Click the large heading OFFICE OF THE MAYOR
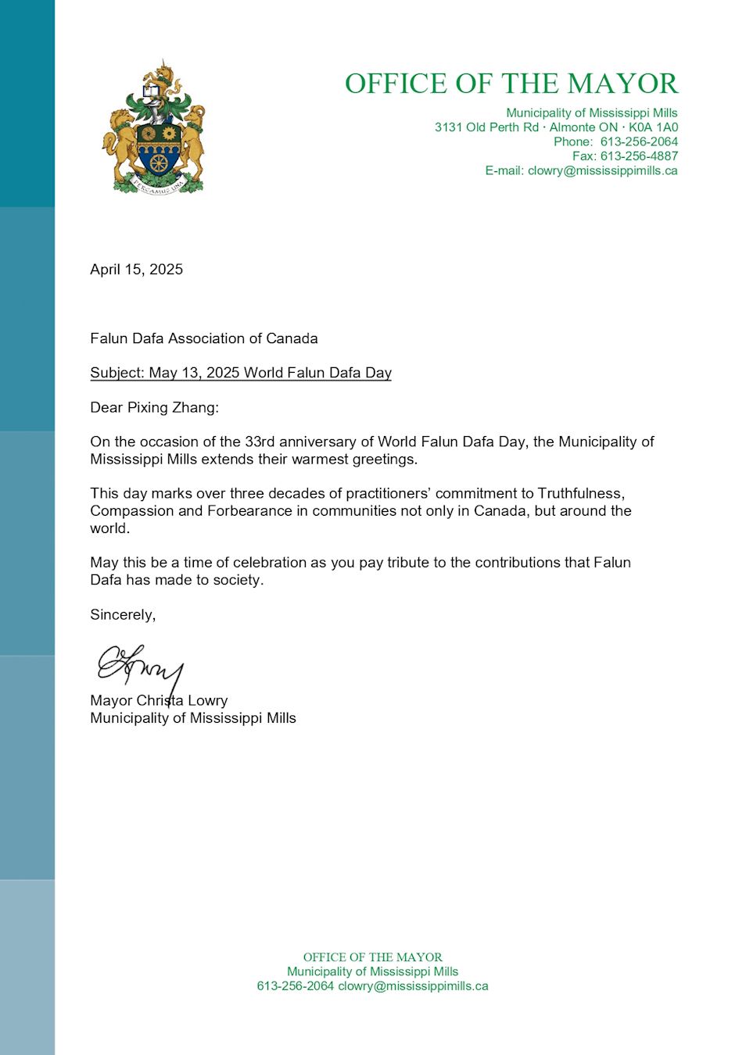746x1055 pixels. [x=511, y=84]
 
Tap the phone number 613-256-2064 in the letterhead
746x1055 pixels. [x=639, y=141]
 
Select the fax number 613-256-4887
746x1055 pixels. [x=639, y=156]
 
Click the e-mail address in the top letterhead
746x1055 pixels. [x=602, y=170]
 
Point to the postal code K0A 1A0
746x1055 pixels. [x=653, y=127]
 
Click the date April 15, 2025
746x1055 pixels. [x=136, y=270]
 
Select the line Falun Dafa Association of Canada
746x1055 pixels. [x=203, y=338]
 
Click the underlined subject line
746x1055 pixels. [x=241, y=373]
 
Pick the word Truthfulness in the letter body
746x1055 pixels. [x=580, y=493]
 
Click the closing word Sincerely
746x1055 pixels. [x=122, y=615]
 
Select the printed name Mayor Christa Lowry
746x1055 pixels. [x=159, y=700]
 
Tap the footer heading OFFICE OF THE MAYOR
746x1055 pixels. [x=372, y=957]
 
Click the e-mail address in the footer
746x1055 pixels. [x=413, y=986]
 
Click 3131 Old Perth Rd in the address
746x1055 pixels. [x=486, y=127]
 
